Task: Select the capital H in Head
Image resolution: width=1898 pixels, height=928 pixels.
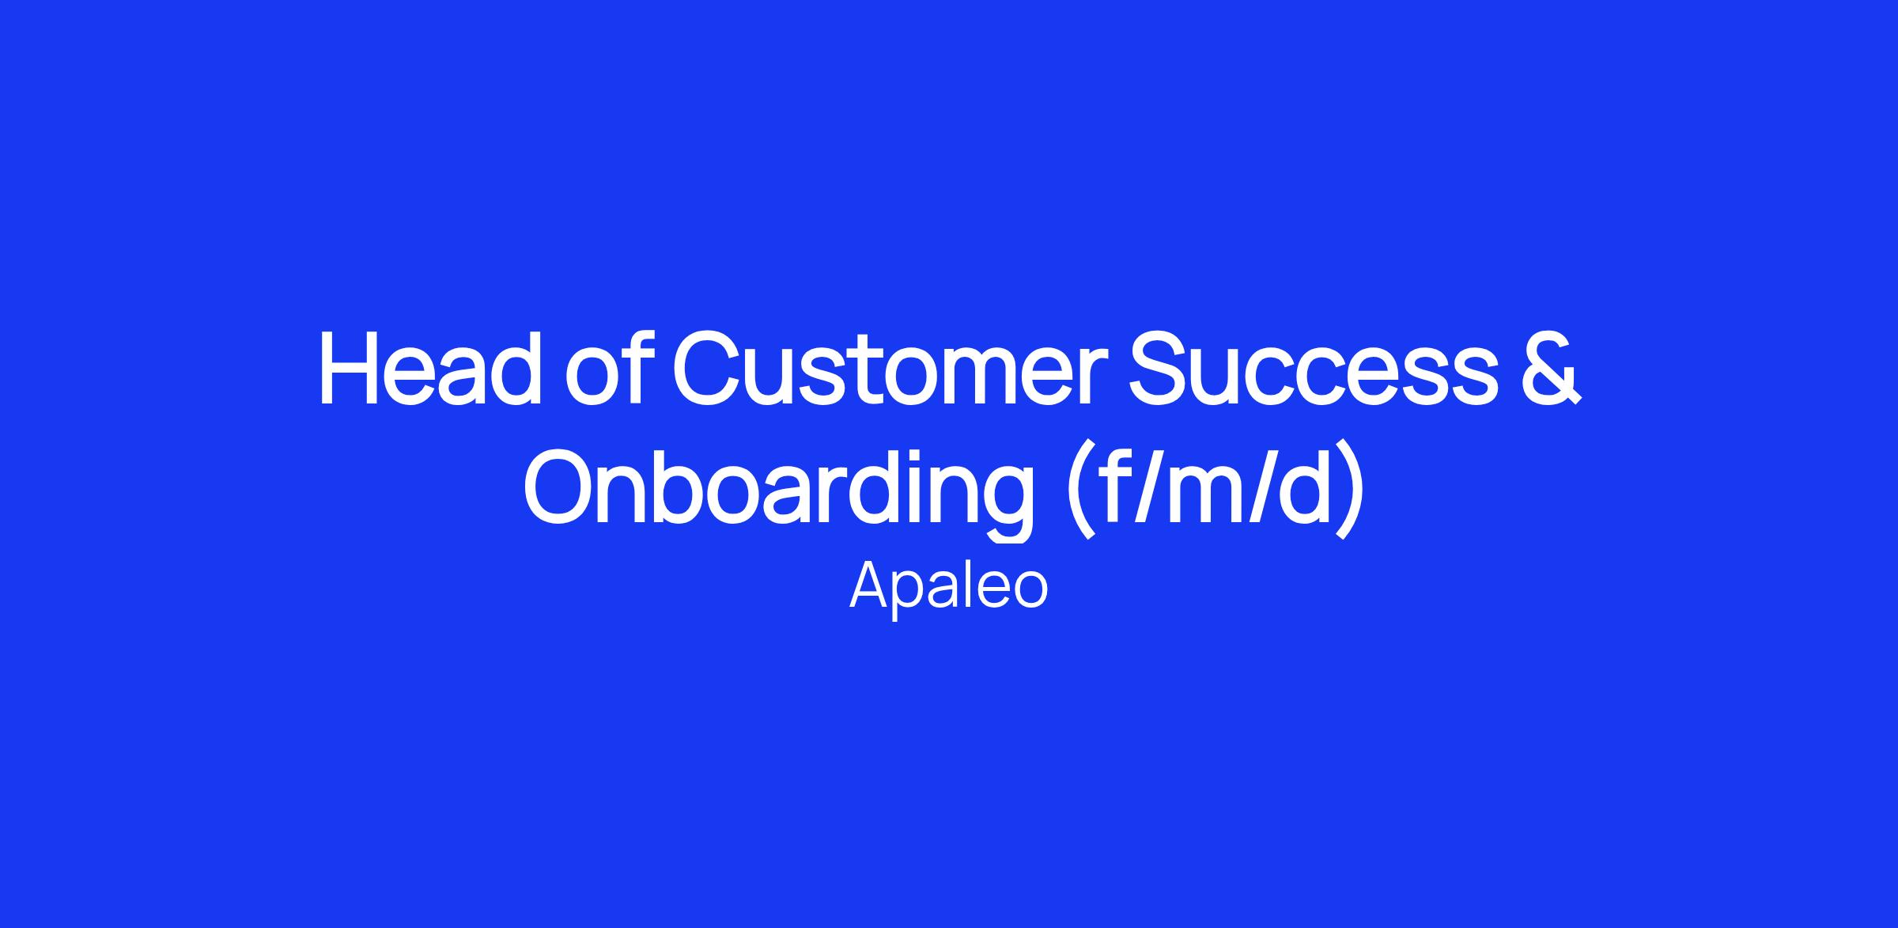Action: pyautogui.click(x=350, y=369)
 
